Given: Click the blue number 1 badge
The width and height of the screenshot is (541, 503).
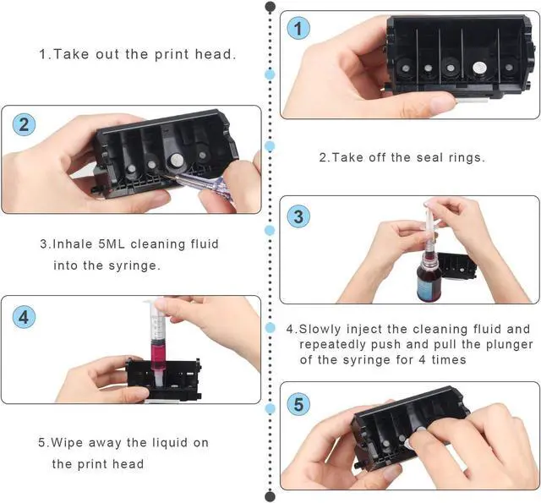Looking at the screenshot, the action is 298,29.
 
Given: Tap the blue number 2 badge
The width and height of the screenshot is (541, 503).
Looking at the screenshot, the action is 24,124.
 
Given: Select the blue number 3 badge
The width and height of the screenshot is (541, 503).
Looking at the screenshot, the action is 298,216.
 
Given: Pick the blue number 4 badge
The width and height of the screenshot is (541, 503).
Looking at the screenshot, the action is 24,317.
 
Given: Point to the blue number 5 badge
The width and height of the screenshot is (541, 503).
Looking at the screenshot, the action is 298,403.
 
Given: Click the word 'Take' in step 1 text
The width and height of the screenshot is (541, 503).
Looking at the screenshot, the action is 72,54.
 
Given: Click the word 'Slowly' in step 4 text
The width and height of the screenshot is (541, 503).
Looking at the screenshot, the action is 320,329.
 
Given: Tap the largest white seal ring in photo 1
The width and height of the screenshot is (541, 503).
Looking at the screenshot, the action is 479,68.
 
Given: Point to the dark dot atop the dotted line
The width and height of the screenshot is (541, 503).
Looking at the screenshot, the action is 270,7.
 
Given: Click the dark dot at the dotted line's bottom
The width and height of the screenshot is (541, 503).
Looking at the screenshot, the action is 270,497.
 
